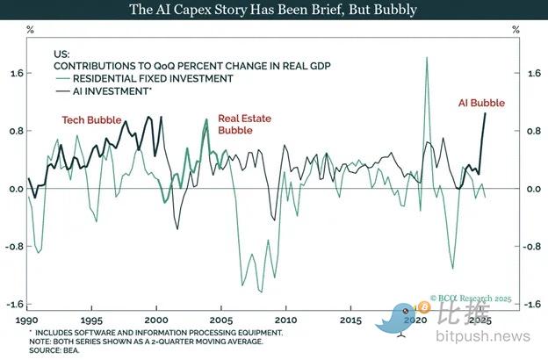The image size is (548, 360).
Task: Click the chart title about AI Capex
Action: point(274,10)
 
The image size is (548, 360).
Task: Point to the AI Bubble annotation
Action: point(482,103)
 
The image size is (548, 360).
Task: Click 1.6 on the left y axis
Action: point(14,74)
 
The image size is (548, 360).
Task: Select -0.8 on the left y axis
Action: point(13,247)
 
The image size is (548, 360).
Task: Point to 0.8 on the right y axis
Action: point(533,132)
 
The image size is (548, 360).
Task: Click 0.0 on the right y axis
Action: point(533,189)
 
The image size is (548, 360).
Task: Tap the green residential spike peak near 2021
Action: point(427,58)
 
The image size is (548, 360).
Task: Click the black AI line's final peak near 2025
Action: point(486,113)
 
